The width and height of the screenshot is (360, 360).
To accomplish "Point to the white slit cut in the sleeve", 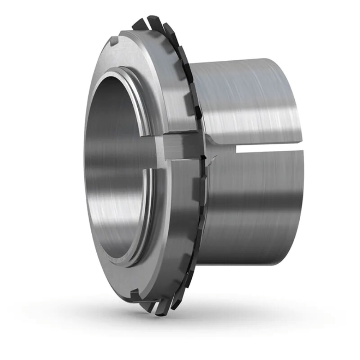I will (268, 148).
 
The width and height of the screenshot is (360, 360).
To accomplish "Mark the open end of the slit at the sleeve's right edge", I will (301, 148).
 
